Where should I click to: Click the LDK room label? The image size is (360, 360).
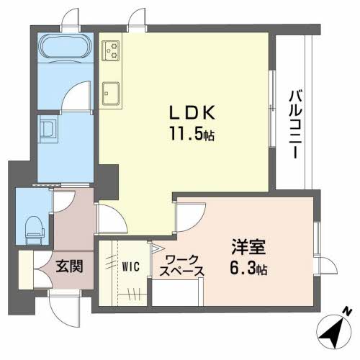[x=192, y=112]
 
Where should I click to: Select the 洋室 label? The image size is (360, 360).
[x=248, y=247]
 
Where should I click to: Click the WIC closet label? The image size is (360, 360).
[x=131, y=266]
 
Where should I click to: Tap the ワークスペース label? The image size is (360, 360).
[x=181, y=266]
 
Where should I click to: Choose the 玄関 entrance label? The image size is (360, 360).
[x=69, y=266]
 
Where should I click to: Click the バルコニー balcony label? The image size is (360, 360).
[x=294, y=124]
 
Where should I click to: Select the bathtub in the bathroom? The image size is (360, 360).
[x=65, y=48]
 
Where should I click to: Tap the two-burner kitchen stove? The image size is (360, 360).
[x=111, y=50]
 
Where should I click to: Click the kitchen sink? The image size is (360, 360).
[x=111, y=94]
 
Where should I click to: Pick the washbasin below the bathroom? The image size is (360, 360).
[x=49, y=129]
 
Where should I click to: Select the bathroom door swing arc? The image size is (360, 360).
[x=76, y=96]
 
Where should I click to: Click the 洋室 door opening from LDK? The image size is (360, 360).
[x=191, y=217]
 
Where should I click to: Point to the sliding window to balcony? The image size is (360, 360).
[x=272, y=109]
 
